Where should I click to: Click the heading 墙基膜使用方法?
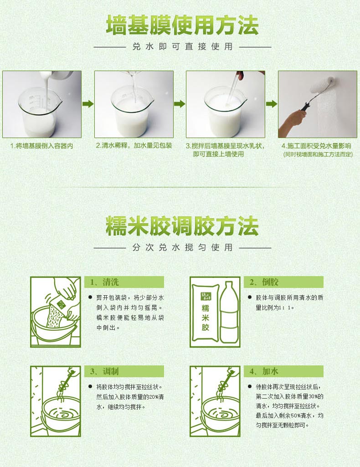(182, 26)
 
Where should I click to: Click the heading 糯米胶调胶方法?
(182, 226)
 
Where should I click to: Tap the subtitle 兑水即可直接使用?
(182, 46)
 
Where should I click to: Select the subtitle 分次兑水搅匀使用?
(182, 247)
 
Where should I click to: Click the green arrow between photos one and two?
(88, 104)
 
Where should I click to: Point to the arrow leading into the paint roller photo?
(272, 104)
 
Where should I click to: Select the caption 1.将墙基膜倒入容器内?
(41, 146)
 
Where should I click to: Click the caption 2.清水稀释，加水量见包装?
(134, 146)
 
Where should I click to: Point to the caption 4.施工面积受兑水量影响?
(316, 146)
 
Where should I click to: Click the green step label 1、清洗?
(104, 282)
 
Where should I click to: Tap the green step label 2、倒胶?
(264, 282)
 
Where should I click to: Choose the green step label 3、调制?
(104, 371)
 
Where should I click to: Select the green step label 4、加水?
(264, 371)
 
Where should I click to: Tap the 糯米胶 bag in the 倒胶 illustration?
(206, 312)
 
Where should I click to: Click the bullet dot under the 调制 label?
(90, 387)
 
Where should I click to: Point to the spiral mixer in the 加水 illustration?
(226, 381)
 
